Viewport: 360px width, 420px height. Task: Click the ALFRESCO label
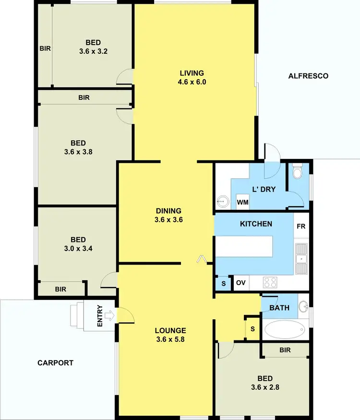point(308,76)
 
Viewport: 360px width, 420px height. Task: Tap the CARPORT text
point(56,363)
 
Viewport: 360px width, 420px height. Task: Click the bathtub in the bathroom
point(284,330)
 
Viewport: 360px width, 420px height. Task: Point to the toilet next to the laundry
point(297,171)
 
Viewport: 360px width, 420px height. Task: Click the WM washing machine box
point(243,203)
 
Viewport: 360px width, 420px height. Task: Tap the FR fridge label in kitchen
point(301,227)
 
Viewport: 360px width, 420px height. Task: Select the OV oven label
point(241,283)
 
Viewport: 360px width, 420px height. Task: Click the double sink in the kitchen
point(301,259)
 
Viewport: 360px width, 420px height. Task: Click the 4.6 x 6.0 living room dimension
point(192,82)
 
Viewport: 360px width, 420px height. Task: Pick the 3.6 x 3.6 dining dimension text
point(168,220)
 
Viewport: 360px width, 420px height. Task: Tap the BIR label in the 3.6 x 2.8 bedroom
point(285,350)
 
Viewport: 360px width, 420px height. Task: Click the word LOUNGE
point(170,331)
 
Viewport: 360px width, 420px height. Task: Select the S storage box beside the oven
point(223,284)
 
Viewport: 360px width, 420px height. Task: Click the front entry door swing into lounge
point(126,315)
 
